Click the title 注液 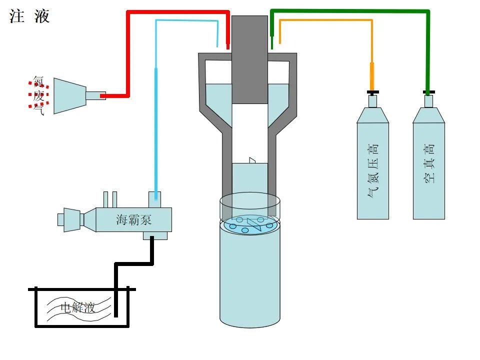pos(29,16)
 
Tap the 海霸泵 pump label pos(134,219)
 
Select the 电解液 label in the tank pos(77,306)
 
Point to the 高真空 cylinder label pos(429,163)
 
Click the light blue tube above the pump pos(156,125)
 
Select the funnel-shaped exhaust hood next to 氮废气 pos(70,95)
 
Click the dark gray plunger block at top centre pos(249,60)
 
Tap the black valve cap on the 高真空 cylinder pos(428,92)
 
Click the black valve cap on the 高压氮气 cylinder pos(372,92)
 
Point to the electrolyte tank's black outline pos(35,310)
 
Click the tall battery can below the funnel pos(250,280)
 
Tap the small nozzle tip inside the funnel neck pos(252,160)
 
